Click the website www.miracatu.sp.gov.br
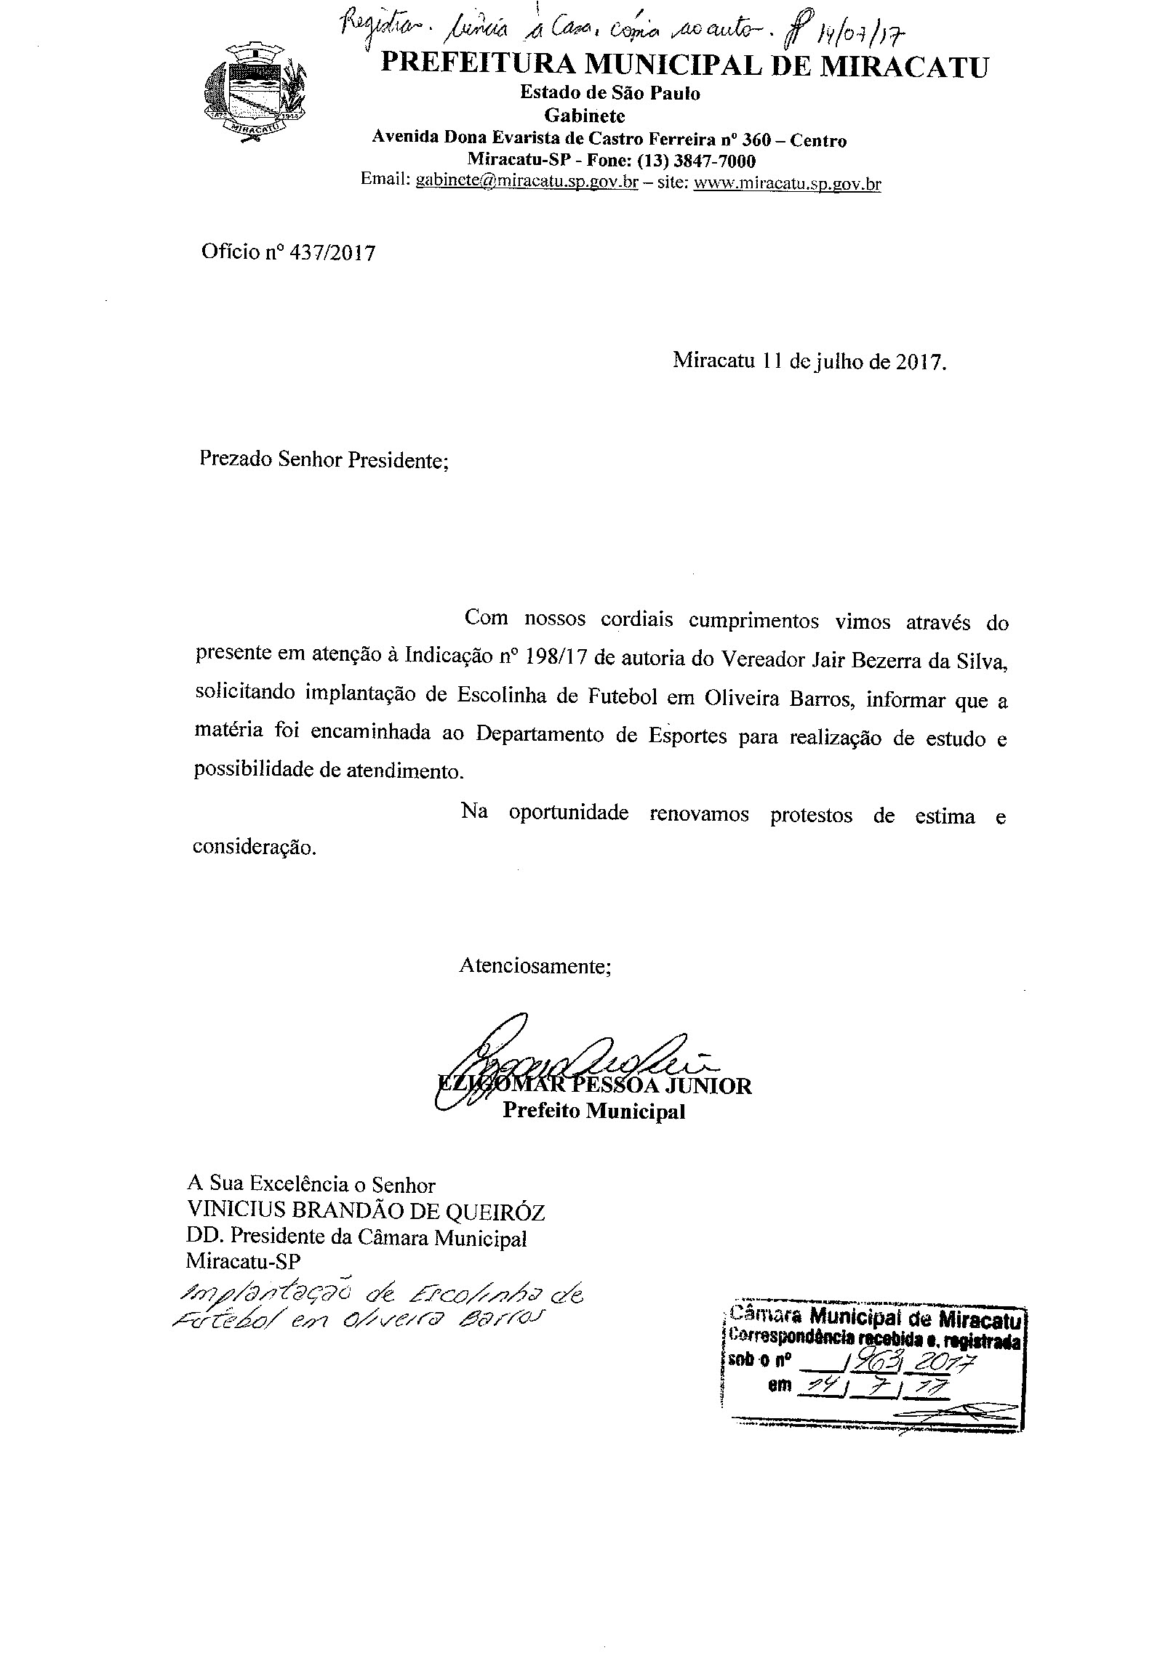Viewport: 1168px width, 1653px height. pyautogui.click(x=787, y=183)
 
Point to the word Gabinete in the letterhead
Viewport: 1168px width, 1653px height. pyautogui.click(x=585, y=116)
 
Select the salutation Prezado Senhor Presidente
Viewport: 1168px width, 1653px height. pyautogui.click(x=324, y=460)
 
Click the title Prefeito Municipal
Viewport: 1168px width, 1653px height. pyautogui.click(x=594, y=1111)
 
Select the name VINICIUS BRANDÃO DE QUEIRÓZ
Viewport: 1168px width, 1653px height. pyautogui.click(x=366, y=1212)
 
